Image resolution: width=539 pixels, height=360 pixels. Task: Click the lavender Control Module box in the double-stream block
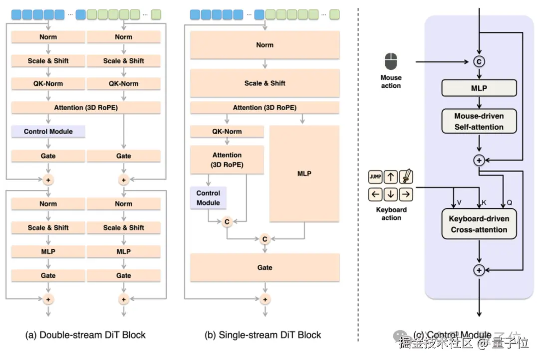pos(48,132)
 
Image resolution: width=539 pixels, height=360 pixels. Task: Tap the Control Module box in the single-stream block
pos(208,198)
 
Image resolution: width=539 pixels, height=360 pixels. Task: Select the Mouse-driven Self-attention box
pos(479,122)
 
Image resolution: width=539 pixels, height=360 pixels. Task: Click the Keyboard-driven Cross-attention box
pos(479,224)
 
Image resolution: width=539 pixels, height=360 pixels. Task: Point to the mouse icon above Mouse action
pos(391,62)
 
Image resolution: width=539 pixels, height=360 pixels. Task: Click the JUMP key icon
pos(375,177)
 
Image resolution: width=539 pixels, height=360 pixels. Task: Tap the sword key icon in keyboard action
pos(406,177)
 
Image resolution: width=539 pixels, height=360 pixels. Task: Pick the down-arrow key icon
pos(391,194)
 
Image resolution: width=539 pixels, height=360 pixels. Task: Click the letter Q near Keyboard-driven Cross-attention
pos(509,203)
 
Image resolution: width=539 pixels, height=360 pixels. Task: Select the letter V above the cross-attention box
pos(459,203)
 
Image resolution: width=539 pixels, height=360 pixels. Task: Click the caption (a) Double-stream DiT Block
pos(85,335)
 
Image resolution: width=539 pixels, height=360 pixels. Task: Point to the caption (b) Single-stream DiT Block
pos(263,335)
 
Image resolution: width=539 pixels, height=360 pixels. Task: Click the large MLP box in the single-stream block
pos(304,174)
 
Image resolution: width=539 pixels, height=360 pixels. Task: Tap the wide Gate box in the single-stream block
pos(265,268)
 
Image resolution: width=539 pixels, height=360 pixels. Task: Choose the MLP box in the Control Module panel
pos(479,88)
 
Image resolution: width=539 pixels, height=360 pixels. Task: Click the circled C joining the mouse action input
pos(479,62)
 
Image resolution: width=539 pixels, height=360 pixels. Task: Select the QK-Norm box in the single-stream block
pos(227,131)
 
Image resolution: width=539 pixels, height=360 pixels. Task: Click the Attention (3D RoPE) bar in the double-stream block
pos(86,107)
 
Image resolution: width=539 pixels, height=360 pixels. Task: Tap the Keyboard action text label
pos(391,214)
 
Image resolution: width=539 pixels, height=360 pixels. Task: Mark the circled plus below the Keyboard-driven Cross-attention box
pos(479,270)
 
